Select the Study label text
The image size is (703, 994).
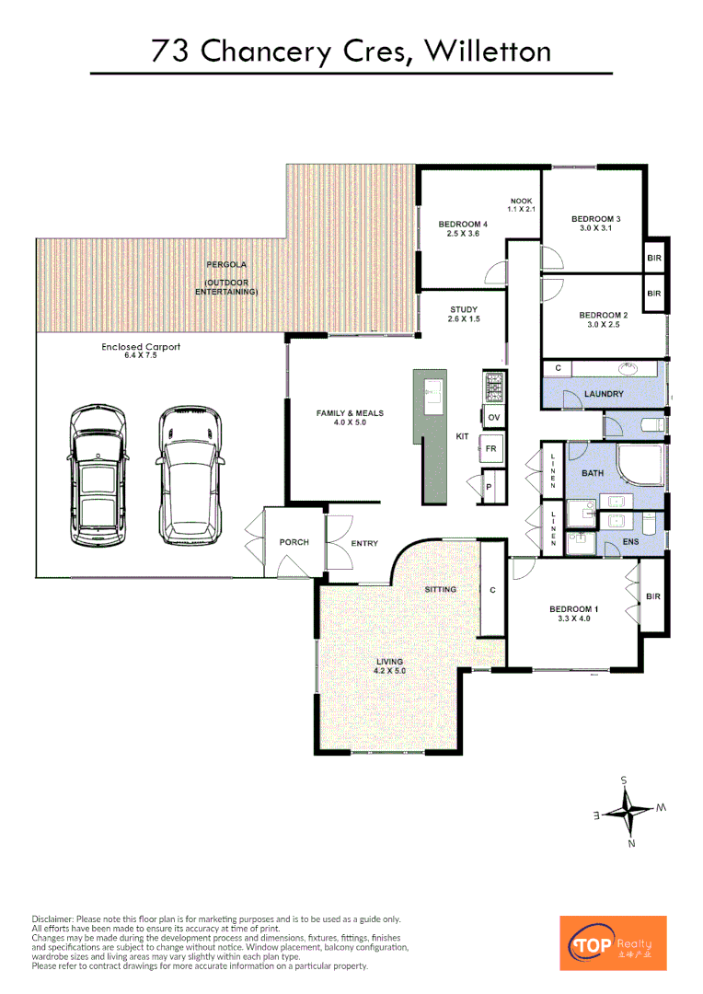coord(464,314)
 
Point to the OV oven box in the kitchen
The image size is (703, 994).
coord(494,418)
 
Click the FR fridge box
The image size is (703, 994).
coord(491,449)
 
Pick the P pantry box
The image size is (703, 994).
coord(489,487)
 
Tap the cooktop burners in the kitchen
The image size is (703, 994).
coord(493,387)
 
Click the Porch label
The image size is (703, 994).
coord(294,542)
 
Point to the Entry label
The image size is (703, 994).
coord(364,544)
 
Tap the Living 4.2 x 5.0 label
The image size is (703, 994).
coord(389,666)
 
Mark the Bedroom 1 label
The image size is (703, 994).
coord(573,614)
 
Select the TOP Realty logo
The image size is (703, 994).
coord(613,942)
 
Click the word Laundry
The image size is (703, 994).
coord(604,394)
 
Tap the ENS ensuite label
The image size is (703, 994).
coord(630,542)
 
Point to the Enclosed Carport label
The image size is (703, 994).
coord(141,352)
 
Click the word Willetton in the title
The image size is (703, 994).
coord(488,52)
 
